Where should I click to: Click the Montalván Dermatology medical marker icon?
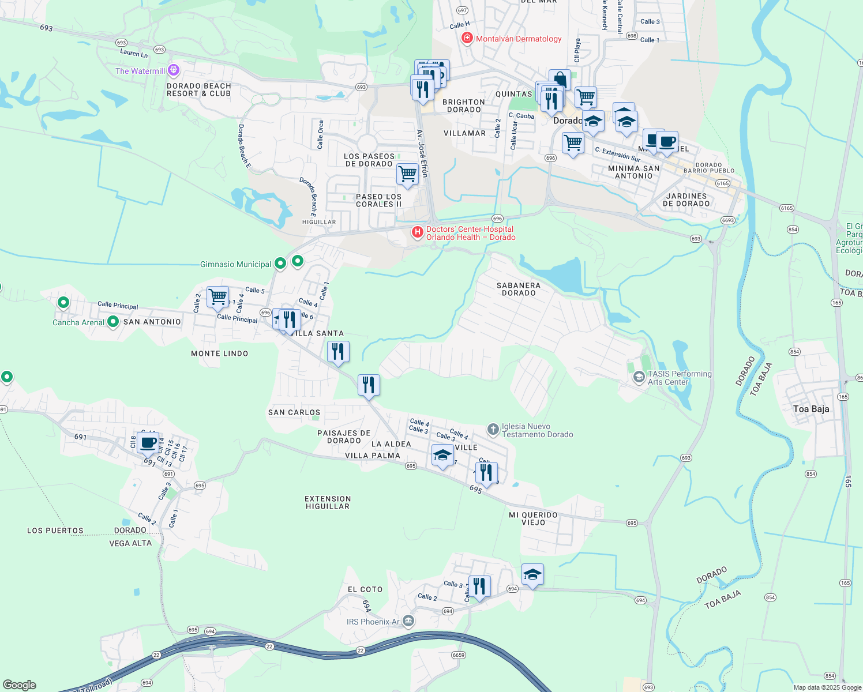tap(467, 38)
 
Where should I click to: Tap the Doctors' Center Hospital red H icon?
tap(417, 232)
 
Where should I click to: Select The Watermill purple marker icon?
tap(174, 71)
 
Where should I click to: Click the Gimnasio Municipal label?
tap(235, 264)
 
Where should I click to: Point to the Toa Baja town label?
tap(811, 409)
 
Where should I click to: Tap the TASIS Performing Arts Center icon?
tap(639, 377)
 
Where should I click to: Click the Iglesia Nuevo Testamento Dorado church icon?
tap(493, 429)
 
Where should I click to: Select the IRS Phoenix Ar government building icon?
tap(408, 621)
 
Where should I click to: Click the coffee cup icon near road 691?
tap(148, 442)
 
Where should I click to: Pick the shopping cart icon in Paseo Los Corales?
tap(407, 174)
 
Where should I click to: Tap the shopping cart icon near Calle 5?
tap(218, 297)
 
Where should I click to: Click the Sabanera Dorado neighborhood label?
tap(519, 289)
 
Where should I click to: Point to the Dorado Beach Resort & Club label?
tap(198, 89)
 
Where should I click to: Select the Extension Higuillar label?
tap(328, 502)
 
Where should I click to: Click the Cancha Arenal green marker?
tap(113, 321)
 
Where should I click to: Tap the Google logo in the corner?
tap(20, 685)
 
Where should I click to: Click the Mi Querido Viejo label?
tap(533, 518)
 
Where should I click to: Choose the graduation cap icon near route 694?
tap(532, 574)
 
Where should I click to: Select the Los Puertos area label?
tap(55, 531)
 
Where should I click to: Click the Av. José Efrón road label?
tap(423, 153)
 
